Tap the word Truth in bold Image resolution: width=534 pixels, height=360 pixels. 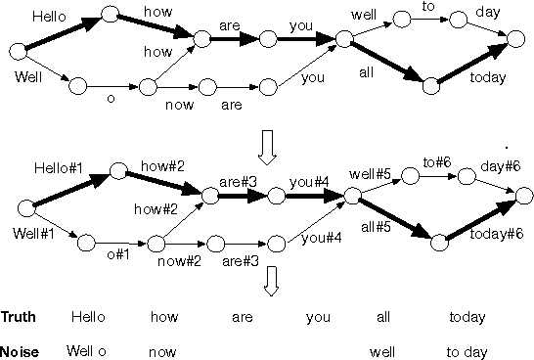pos(19,318)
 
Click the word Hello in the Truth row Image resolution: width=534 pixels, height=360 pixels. pos(87,318)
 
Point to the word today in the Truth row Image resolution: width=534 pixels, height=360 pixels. pos(467,318)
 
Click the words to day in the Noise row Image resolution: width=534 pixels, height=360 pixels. pos(466,349)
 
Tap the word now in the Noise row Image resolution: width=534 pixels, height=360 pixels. pos(163,349)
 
